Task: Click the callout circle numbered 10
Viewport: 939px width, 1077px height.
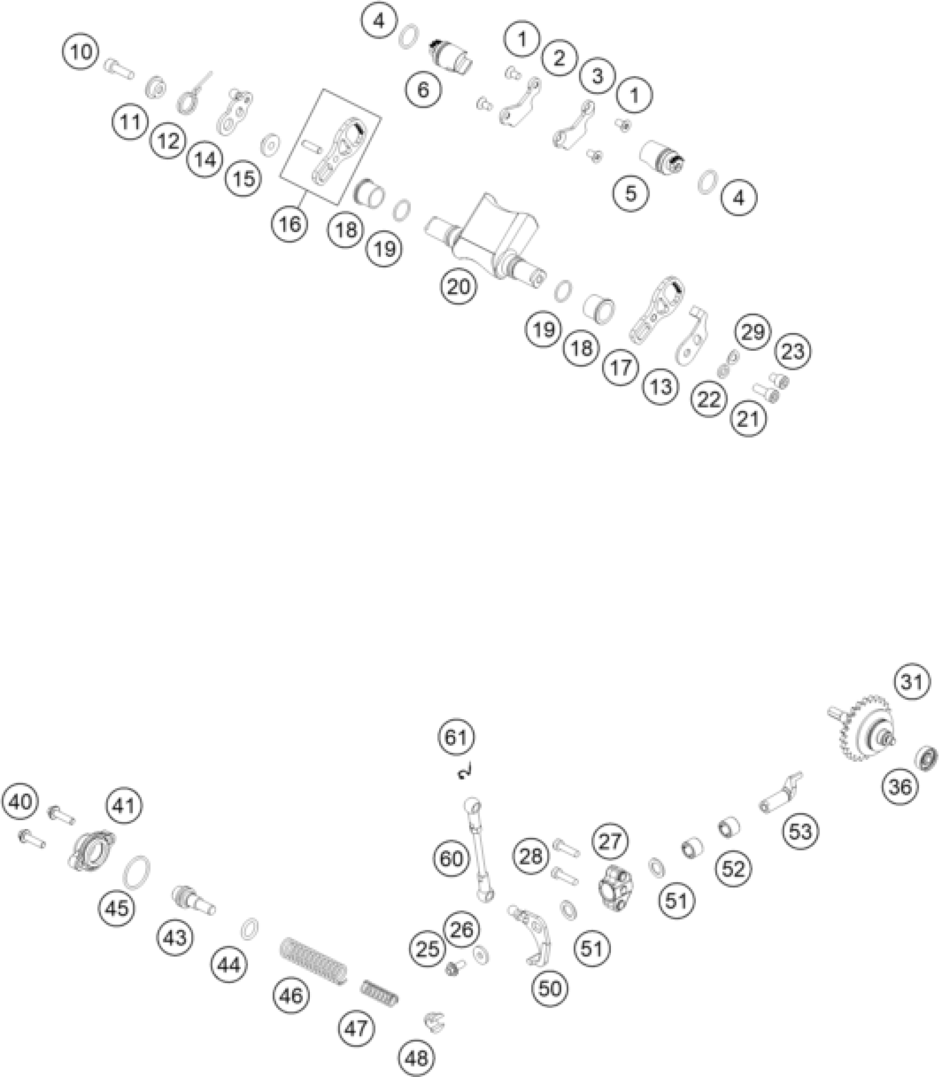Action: [x=81, y=52]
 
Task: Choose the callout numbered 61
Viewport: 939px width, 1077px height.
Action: [x=456, y=737]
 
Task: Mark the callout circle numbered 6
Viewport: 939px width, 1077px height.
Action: [x=423, y=89]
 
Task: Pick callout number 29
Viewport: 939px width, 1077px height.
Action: [x=753, y=332]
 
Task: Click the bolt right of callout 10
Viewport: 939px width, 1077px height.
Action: [x=119, y=70]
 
